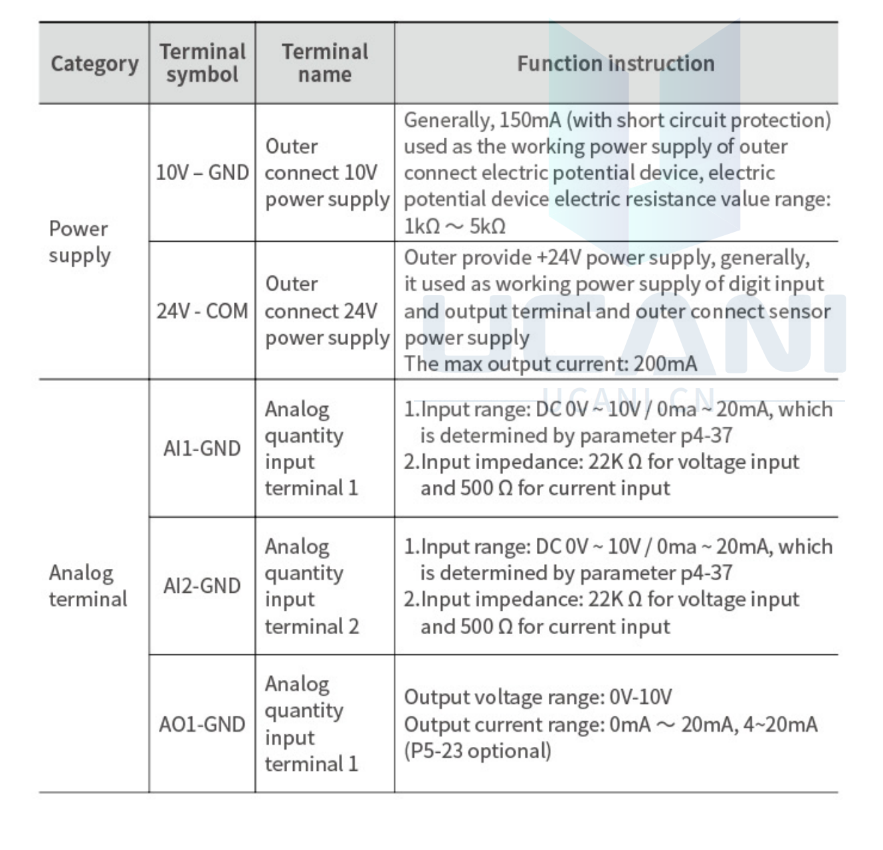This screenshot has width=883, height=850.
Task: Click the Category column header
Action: [x=94, y=64]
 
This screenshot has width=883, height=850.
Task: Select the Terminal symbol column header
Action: [x=202, y=63]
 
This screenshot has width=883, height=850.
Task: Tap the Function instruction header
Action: [x=615, y=64]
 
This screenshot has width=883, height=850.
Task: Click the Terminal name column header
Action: [x=324, y=63]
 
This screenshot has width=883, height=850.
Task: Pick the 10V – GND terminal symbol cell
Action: [x=202, y=173]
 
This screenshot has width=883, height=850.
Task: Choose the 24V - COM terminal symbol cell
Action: [x=202, y=311]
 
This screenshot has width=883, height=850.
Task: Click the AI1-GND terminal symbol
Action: [x=202, y=449]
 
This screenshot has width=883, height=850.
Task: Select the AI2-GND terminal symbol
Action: [x=202, y=586]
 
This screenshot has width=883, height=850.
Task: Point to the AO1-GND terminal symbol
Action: [x=202, y=724]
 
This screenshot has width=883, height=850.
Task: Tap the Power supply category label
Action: [x=79, y=242]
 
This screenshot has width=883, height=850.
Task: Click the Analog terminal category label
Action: [x=87, y=586]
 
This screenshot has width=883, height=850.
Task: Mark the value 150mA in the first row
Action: [x=530, y=120]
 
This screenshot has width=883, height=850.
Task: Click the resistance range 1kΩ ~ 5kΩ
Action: [x=454, y=227]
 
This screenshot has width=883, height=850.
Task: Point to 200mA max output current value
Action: [x=665, y=364]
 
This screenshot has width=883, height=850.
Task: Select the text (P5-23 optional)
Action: [x=477, y=751]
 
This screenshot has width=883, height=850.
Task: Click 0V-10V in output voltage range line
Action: [x=640, y=697]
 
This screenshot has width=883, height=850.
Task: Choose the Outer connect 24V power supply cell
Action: [x=324, y=311]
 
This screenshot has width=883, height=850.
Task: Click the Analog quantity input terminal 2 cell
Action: [x=312, y=586]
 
